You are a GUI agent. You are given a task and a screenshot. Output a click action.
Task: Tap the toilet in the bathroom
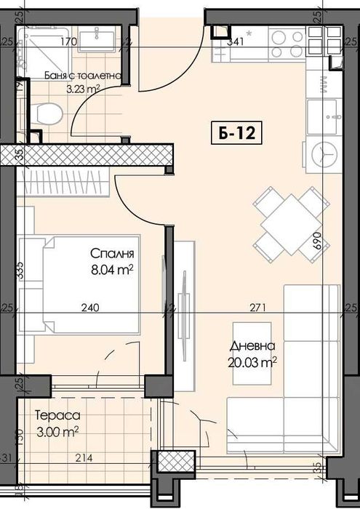48,114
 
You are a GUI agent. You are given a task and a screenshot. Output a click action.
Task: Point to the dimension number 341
235,41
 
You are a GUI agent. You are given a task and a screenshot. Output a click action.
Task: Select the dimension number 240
88,308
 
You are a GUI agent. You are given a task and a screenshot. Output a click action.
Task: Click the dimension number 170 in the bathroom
69,41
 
